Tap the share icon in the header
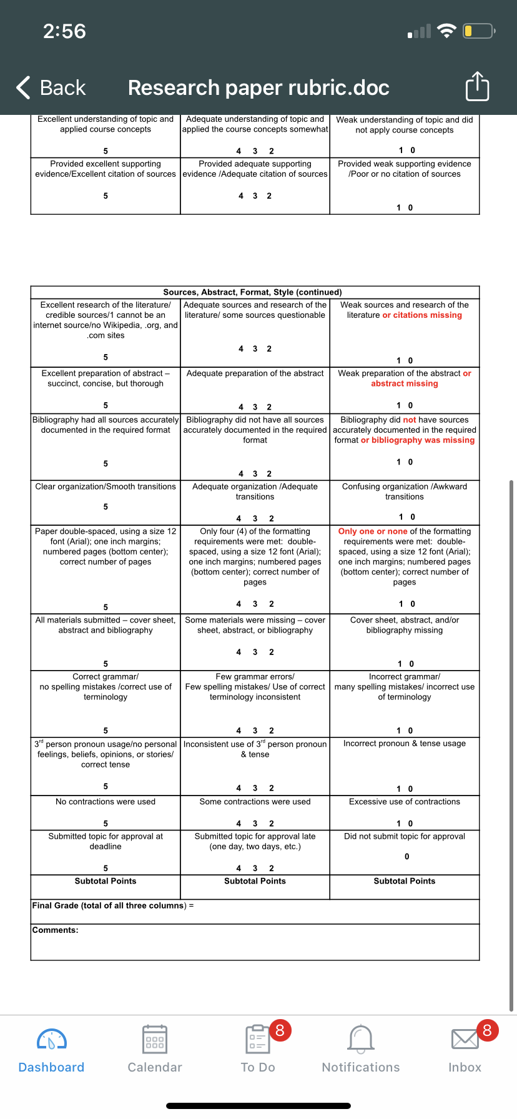click(478, 87)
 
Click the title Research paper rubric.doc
click(258, 88)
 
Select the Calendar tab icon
click(155, 1040)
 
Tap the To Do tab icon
click(257, 1040)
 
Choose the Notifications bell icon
click(361, 1040)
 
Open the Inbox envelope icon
click(465, 1040)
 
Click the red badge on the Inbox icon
click(487, 1030)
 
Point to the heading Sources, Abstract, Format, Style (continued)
click(252, 292)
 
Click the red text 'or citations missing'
click(422, 315)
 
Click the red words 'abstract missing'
click(405, 383)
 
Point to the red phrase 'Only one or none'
click(373, 531)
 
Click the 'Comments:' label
click(56, 930)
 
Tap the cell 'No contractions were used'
click(106, 802)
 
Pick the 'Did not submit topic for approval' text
click(405, 836)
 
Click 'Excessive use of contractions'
click(405, 802)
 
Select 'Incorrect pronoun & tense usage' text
click(405, 744)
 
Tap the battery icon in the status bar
click(478, 31)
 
